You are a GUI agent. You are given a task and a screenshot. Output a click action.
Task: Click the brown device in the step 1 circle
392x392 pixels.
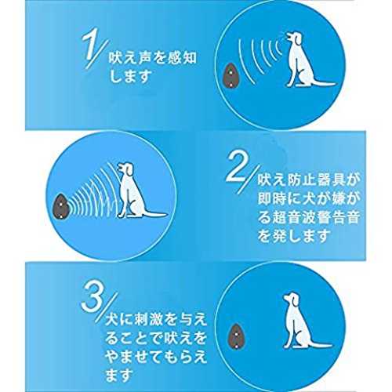229,76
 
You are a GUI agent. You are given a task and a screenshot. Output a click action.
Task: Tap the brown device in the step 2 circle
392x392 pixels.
60,206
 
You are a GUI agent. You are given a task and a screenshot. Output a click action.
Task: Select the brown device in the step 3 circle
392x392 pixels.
235,336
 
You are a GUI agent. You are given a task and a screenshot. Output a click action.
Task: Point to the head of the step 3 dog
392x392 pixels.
292,300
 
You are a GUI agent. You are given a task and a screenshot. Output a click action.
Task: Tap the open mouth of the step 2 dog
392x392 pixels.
120,166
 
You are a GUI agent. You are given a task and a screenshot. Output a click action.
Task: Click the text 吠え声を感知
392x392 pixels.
152,58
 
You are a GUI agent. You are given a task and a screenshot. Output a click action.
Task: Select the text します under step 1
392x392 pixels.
130,77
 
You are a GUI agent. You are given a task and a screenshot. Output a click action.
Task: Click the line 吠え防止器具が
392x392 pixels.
309,180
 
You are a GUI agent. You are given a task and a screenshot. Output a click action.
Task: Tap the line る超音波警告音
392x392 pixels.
308,217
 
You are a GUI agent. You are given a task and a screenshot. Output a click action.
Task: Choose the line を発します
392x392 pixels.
293,236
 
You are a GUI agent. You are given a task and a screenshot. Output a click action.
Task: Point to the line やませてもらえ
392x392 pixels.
156,358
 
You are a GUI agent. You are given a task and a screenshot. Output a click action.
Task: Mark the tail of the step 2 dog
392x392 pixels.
154,214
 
